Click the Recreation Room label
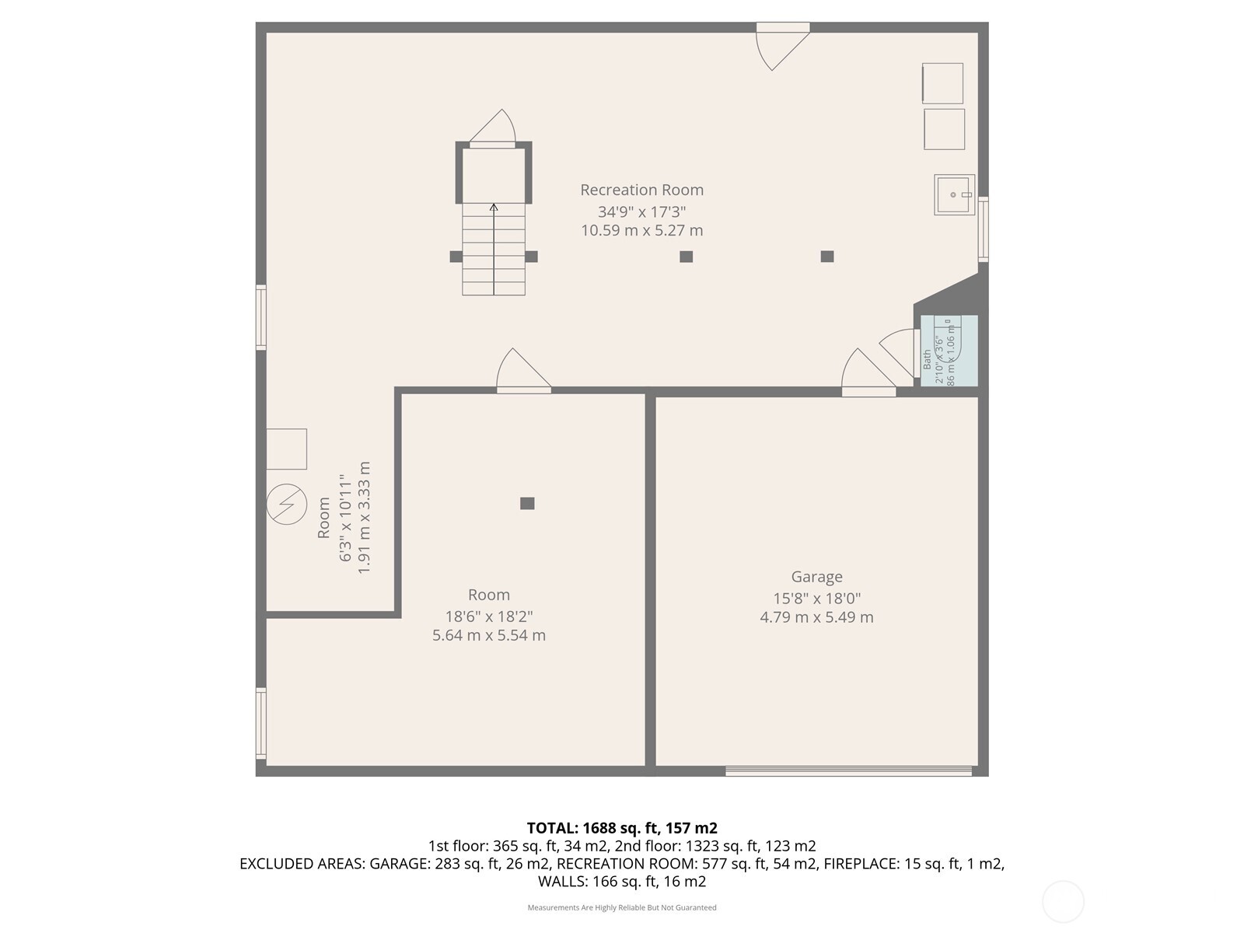click(641, 190)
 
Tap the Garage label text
click(816, 577)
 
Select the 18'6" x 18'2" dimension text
click(488, 617)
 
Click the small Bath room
click(949, 351)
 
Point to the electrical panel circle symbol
click(286, 504)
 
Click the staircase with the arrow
click(494, 249)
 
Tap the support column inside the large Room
click(527, 504)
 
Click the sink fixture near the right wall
click(954, 194)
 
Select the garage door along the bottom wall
click(848, 771)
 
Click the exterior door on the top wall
click(782, 28)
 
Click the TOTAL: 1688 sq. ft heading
click(622, 828)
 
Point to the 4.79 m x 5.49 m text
click(816, 617)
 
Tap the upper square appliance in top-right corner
click(942, 83)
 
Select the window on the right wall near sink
click(983, 229)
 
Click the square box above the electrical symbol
click(286, 449)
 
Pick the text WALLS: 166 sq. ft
click(622, 882)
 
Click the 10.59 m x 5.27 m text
click(641, 231)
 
